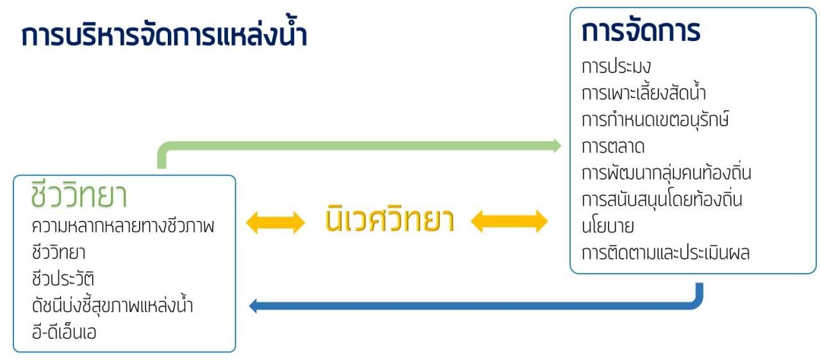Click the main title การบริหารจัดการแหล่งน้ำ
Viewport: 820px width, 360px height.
164,34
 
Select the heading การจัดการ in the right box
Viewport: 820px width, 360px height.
641,31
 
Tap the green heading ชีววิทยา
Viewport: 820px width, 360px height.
79,194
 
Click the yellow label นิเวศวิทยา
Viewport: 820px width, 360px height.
389,220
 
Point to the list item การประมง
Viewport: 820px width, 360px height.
616,67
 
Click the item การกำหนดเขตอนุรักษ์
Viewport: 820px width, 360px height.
655,119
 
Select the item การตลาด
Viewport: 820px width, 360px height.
613,146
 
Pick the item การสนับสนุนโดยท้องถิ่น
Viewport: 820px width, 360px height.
662,199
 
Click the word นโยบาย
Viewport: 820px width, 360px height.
608,226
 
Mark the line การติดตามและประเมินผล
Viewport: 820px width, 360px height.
666,252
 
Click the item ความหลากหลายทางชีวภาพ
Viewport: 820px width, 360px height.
123,225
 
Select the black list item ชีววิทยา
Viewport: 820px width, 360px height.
58,252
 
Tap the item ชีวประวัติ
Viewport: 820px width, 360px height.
63,278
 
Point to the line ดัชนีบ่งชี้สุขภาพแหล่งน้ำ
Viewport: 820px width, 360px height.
112,304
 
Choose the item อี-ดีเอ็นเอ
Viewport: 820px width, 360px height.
64,332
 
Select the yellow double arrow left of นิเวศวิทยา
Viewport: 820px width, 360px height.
275,222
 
